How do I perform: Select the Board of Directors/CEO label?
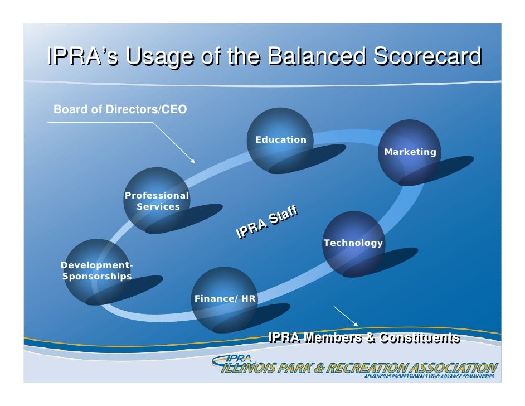pyautogui.click(x=120, y=109)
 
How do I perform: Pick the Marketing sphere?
pyautogui.click(x=409, y=151)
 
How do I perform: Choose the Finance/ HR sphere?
pyautogui.click(x=224, y=299)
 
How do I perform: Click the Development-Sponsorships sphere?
pyautogui.click(x=96, y=271)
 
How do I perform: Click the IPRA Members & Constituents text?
pyautogui.click(x=364, y=337)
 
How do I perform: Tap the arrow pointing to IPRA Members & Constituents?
pyautogui.click(x=347, y=316)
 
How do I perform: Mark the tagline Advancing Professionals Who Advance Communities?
pyautogui.click(x=429, y=377)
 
